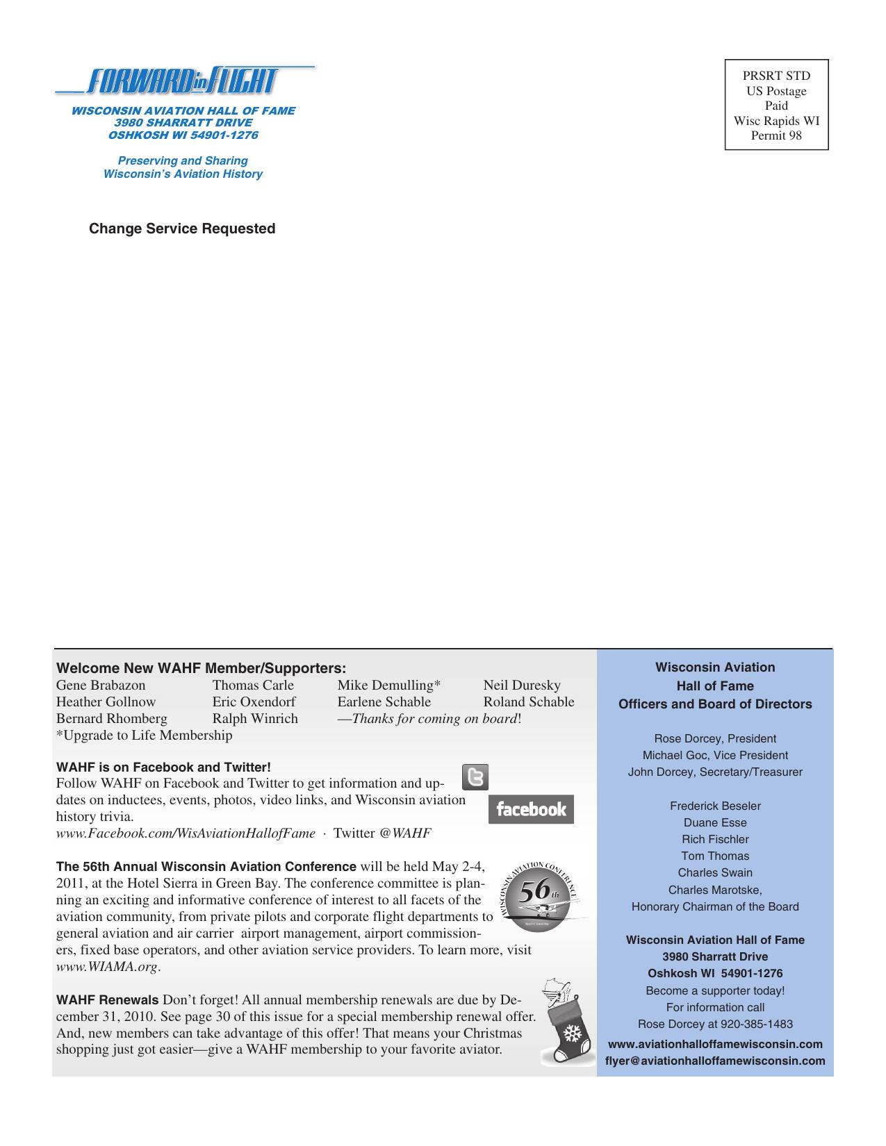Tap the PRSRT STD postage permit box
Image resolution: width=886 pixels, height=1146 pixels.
pyautogui.click(x=776, y=105)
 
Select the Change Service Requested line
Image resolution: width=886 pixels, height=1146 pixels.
pyautogui.click(x=182, y=229)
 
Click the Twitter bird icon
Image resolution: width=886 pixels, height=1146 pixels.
pyautogui.click(x=475, y=777)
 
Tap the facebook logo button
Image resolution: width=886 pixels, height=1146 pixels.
pyautogui.click(x=531, y=809)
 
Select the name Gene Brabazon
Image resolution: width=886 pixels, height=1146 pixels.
pyautogui.click(x=101, y=686)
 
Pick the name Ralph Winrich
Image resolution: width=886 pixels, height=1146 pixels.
pyautogui.click(x=255, y=719)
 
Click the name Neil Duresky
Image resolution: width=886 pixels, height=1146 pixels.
pyautogui.click(x=522, y=686)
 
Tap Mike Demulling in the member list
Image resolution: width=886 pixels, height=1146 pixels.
pyautogui.click(x=388, y=686)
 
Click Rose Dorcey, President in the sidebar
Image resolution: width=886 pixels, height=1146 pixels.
pyautogui.click(x=715, y=739)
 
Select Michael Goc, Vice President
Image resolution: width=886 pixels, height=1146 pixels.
pyautogui.click(x=715, y=756)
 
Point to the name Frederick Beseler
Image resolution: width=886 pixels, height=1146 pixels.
pyautogui.click(x=715, y=806)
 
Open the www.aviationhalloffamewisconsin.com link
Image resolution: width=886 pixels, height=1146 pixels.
pyautogui.click(x=715, y=1045)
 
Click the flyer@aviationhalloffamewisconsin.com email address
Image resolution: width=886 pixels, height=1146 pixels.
pyautogui.click(x=715, y=1061)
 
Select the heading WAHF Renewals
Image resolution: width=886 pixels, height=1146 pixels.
pyautogui.click(x=107, y=1001)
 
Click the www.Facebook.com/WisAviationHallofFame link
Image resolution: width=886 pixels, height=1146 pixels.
pyautogui.click(x=186, y=833)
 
